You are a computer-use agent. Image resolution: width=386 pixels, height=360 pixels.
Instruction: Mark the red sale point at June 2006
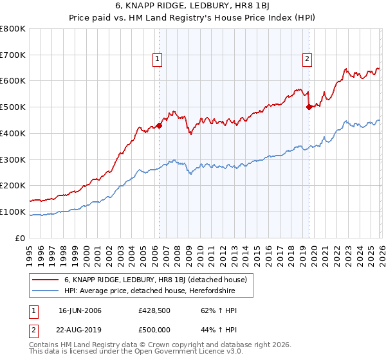tap(159, 126)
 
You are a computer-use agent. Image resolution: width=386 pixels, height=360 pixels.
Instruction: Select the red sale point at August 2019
tap(309, 107)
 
